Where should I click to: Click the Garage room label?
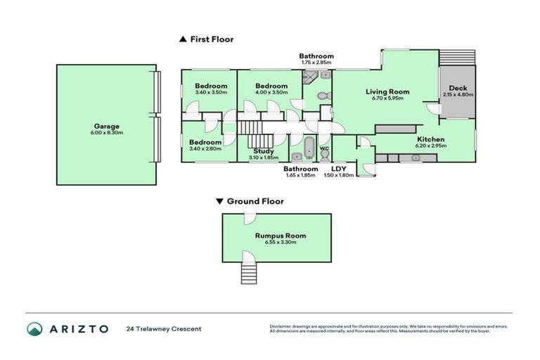(x=105, y=127)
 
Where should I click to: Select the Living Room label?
(x=387, y=91)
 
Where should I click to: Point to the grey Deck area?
(x=457, y=91)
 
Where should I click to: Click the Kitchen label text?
(x=430, y=139)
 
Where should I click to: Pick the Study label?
(x=263, y=151)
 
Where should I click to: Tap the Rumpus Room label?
(x=281, y=236)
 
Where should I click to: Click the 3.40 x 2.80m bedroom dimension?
(x=205, y=148)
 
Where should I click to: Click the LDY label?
(x=339, y=169)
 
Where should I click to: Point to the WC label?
(x=324, y=148)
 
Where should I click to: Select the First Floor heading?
(x=212, y=39)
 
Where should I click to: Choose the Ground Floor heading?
(x=255, y=201)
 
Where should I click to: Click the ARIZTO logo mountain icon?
(x=35, y=329)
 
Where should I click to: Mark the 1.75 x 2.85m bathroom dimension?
(x=316, y=63)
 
